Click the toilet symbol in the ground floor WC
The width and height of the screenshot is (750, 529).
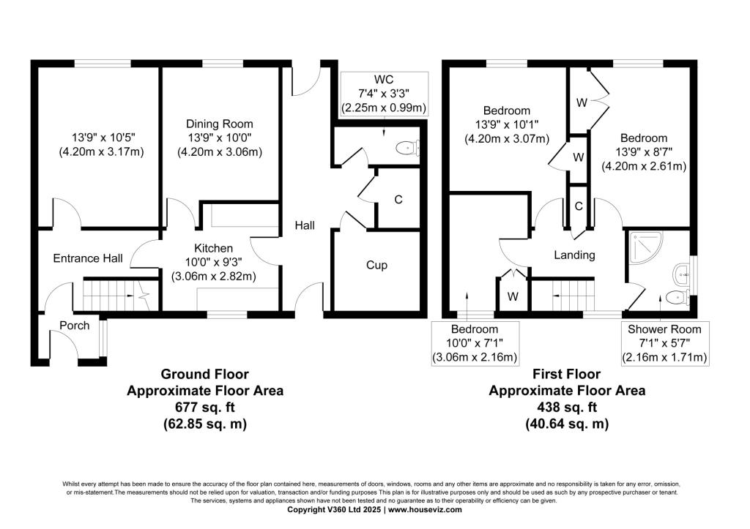tap(407, 148)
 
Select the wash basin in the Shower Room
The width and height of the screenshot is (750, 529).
tap(681, 275)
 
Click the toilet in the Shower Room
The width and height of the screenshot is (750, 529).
tap(677, 297)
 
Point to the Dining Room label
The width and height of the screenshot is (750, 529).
tap(220, 124)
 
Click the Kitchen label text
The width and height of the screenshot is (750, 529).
tap(213, 248)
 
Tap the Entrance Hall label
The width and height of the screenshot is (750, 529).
tap(88, 258)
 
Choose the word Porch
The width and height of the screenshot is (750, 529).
tap(75, 326)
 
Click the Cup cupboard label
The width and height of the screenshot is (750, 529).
tap(376, 265)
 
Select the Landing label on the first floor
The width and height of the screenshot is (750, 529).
tap(574, 255)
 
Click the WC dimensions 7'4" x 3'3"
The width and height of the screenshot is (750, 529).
tap(384, 93)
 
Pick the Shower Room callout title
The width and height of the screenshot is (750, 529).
tap(664, 329)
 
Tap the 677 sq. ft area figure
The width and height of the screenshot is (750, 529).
tap(205, 407)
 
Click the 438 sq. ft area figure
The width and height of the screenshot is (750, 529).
tap(567, 407)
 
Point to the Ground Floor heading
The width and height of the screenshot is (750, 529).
tap(205, 374)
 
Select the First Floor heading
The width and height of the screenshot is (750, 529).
tap(567, 374)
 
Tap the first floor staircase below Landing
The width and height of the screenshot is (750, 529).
tap(573, 296)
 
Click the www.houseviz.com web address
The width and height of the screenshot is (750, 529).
tap(426, 509)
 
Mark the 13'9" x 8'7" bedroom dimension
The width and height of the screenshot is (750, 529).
tap(644, 152)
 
